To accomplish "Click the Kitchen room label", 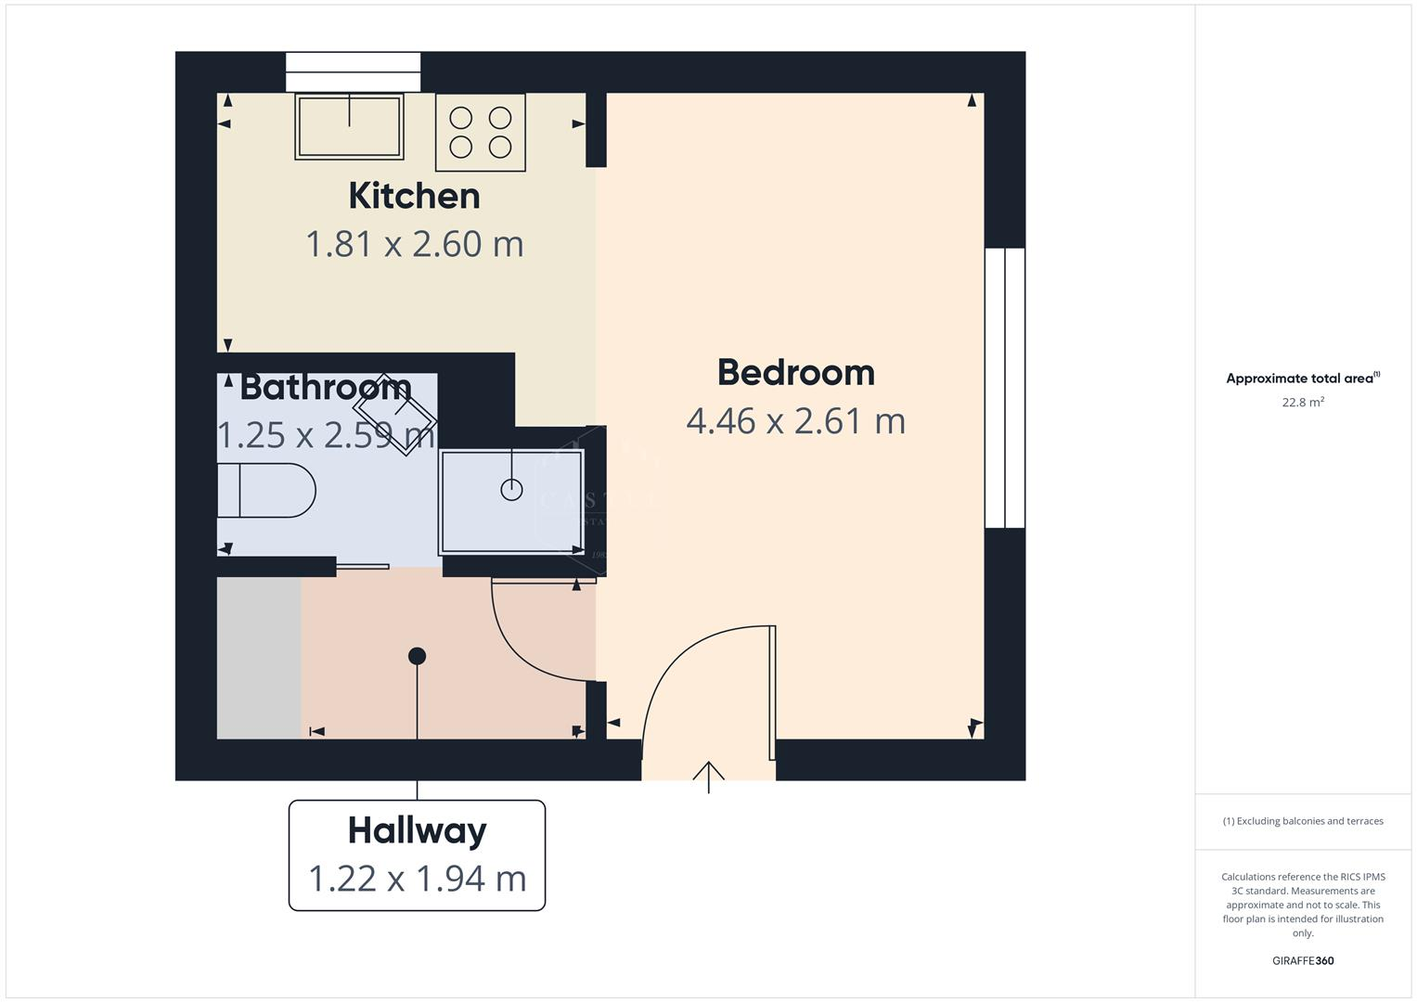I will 414,196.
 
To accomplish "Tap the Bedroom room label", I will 795,372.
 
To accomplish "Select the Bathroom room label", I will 325,387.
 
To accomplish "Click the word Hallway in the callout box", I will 417,830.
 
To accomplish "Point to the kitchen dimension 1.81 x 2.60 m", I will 415,244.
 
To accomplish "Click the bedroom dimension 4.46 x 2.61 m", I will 795,421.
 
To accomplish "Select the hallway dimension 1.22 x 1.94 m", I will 417,878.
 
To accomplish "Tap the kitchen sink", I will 349,126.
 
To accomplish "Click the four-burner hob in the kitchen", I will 480,132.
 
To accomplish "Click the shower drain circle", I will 511,489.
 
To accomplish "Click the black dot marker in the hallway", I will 417,656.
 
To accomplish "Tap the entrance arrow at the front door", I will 709,776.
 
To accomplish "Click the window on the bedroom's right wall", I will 1005,388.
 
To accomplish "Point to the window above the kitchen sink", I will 353,72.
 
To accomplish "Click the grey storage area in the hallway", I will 259,658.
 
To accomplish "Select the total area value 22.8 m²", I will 1302,403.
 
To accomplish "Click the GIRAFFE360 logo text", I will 1302,960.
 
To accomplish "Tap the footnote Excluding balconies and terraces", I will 1302,821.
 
